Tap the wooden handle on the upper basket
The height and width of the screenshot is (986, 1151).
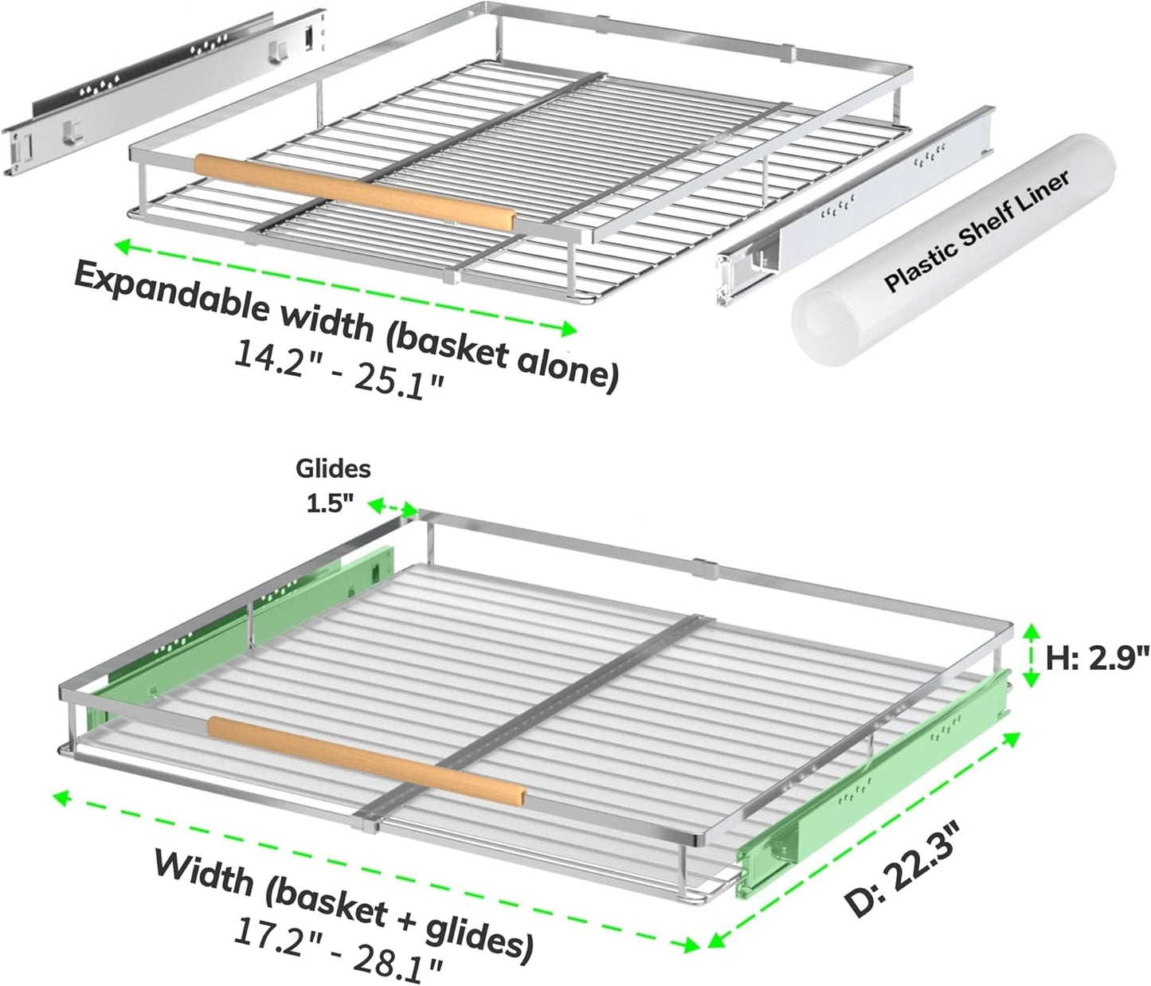pos(354,191)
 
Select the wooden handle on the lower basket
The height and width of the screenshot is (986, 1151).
pos(366,758)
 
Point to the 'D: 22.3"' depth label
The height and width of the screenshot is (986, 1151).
pos(904,873)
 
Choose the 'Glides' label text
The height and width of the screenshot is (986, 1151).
pos(333,469)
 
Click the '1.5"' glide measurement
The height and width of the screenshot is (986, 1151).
pos(330,504)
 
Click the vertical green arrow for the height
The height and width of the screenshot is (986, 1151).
pos(1032,655)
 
